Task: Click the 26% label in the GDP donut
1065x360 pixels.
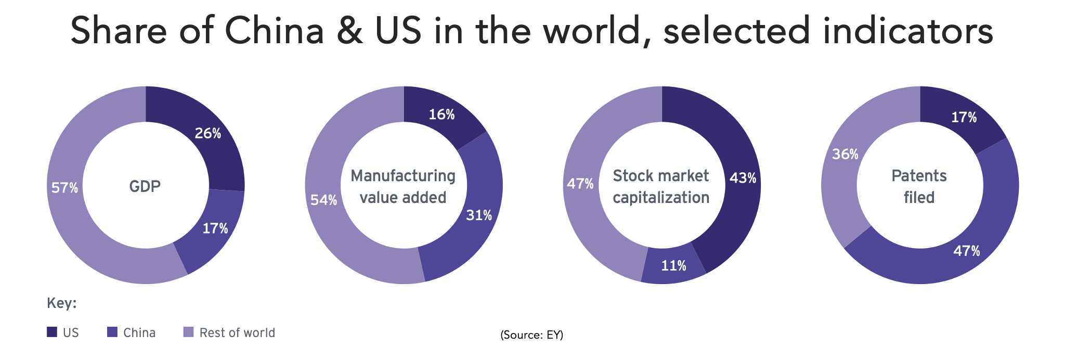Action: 207,134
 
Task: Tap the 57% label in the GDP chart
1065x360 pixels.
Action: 64,188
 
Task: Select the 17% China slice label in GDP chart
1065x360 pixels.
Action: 215,228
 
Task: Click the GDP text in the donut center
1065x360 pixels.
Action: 145,186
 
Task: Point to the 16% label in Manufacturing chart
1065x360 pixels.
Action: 441,114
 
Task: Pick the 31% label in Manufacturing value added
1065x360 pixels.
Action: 478,215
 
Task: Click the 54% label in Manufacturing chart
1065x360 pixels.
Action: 323,200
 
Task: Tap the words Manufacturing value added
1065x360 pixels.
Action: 403,186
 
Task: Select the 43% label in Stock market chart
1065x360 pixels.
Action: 743,178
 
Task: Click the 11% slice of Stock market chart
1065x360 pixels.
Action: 673,266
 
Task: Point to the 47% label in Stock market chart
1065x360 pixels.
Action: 580,184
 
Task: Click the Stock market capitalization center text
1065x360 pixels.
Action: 661,186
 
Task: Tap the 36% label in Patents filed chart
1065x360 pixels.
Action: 845,154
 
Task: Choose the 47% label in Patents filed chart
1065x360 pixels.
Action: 966,251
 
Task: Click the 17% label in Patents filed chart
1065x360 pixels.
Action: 964,118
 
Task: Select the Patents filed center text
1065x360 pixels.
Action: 919,186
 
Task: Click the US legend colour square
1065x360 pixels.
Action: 52,332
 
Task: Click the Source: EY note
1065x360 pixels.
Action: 531,335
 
